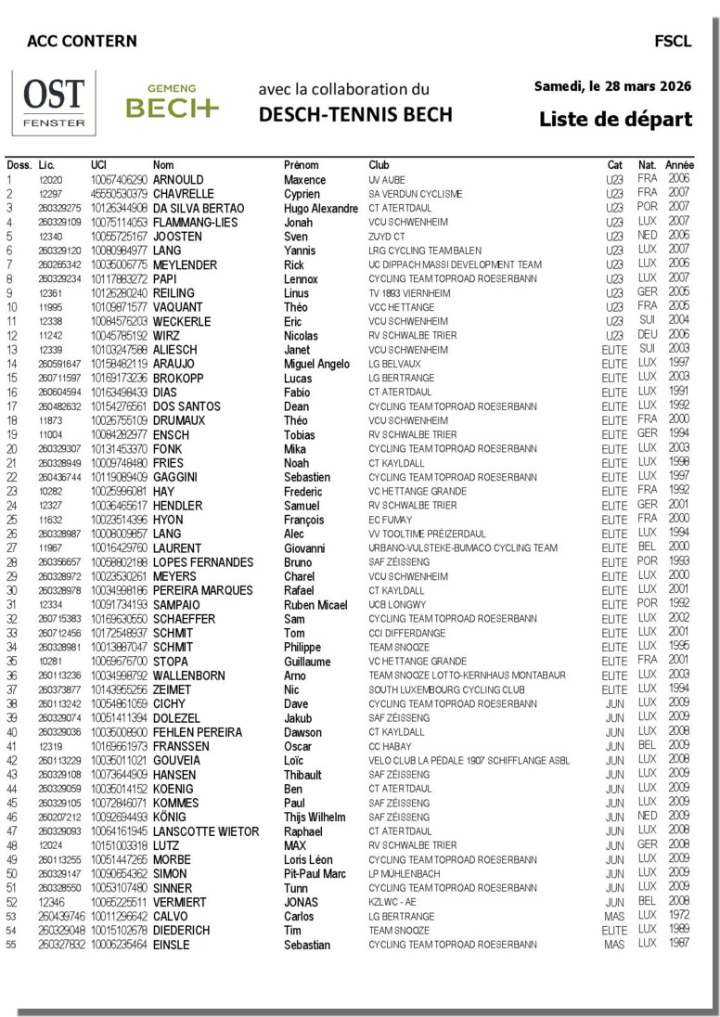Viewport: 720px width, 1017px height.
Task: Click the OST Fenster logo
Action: pyautogui.click(x=53, y=101)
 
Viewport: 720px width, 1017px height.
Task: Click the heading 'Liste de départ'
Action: pyautogui.click(x=615, y=120)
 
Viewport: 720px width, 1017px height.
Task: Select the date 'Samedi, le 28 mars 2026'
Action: pyautogui.click(x=612, y=86)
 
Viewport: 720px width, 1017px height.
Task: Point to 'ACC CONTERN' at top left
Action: pyautogui.click(x=82, y=41)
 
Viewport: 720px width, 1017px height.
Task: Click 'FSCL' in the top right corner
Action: pyautogui.click(x=672, y=41)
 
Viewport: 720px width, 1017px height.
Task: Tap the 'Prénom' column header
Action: pyautogui.click(x=302, y=164)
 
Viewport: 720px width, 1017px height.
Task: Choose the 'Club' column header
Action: pyautogui.click(x=379, y=164)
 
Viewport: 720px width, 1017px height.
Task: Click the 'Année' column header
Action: pyautogui.click(x=679, y=164)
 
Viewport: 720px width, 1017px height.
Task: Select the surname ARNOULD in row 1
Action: pyautogui.click(x=178, y=179)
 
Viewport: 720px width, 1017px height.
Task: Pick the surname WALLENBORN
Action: pyautogui.click(x=188, y=676)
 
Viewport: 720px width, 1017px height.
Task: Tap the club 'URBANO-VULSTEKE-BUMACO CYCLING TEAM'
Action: pyautogui.click(x=463, y=548)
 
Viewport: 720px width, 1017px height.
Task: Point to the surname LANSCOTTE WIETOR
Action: pyautogui.click(x=206, y=831)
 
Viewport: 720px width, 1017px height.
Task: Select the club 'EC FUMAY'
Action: pyautogui.click(x=392, y=520)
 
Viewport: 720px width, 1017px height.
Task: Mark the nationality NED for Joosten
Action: pyautogui.click(x=647, y=236)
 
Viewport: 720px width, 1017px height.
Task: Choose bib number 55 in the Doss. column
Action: pyautogui.click(x=12, y=945)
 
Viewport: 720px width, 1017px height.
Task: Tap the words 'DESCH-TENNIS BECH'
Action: pyautogui.click(x=355, y=114)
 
